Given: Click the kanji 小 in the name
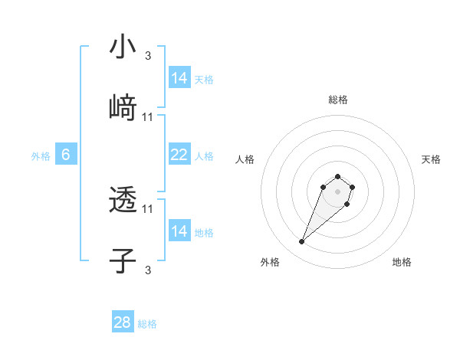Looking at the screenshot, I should pos(123,47).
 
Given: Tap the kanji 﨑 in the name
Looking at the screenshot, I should pos(123,108).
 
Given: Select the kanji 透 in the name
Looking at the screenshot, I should pos(123,201).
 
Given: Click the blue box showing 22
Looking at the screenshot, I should pos(179,155).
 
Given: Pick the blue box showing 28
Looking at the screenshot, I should pos(123,322).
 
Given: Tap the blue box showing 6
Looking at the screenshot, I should pos(66,155).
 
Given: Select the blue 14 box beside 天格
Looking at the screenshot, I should pos(179,78).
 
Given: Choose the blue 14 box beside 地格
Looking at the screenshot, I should pos(179,231).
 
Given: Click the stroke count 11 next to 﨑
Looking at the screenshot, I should pos(148,117).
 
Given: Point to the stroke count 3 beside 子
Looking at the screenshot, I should pos(148,270).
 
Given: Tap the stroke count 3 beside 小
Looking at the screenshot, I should pos(148,55).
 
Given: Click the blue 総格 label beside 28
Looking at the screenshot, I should pos(147,324).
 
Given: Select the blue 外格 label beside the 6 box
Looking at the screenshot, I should pos(41,156).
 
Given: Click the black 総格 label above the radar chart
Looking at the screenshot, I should pos(338,100).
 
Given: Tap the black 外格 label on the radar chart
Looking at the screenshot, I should pos(270,262).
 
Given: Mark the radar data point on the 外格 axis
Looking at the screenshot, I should pos(301,242).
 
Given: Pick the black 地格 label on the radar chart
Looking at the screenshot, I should pos(402,262).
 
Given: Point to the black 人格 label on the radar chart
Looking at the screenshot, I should pos(245,159).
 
